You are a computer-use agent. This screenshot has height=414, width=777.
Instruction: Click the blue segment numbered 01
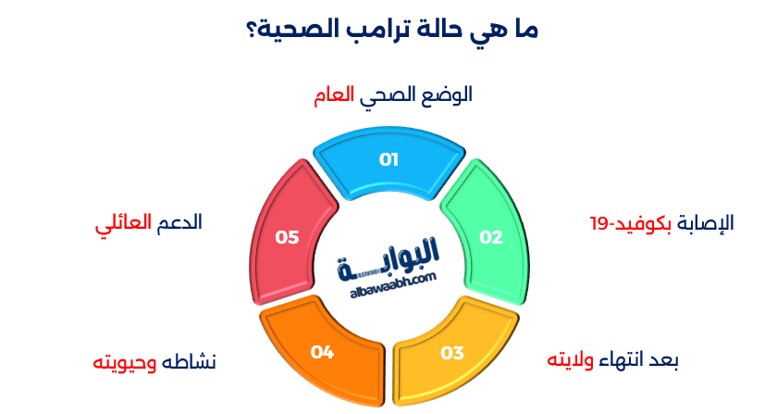coord(388,163)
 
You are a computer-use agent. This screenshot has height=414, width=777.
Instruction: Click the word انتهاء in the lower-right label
coord(627,359)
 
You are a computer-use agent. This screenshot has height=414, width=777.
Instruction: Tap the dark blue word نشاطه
coord(190,361)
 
